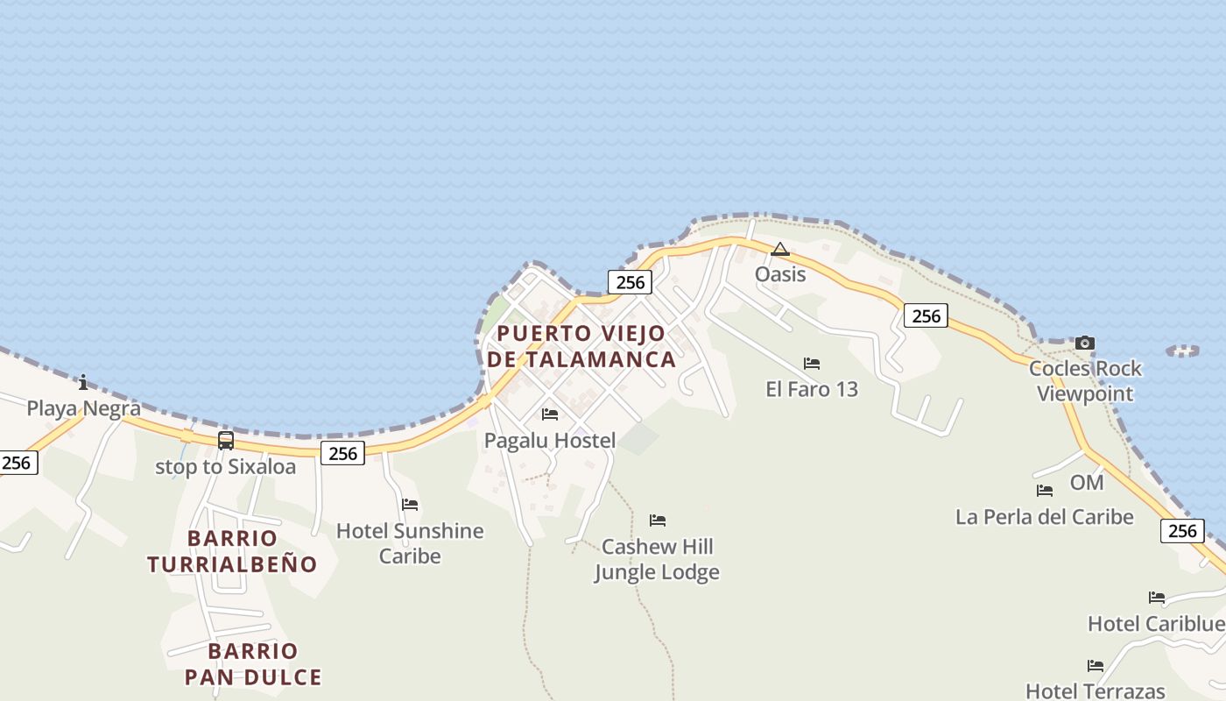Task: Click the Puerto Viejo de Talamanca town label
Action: (581, 346)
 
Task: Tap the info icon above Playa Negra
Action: (83, 382)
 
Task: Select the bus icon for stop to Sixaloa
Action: (226, 440)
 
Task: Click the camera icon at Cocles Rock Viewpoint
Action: (1085, 343)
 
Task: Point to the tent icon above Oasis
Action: (779, 250)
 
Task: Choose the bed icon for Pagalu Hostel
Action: (550, 414)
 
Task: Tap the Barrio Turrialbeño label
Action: (232, 551)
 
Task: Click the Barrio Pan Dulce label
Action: (253, 664)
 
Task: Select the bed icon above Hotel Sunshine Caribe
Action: (410, 504)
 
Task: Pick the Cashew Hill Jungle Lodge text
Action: (657, 559)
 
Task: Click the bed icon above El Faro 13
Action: (812, 363)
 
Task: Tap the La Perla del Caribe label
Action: (1044, 517)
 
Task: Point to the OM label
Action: (1087, 483)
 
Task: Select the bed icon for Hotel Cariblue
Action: (1157, 598)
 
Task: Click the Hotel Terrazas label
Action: (1095, 690)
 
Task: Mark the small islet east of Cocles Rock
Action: (1183, 350)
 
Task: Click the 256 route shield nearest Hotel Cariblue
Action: (1182, 530)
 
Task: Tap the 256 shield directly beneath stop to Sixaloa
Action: (342, 453)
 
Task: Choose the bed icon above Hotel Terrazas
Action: (1095, 665)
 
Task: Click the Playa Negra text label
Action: (83, 408)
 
